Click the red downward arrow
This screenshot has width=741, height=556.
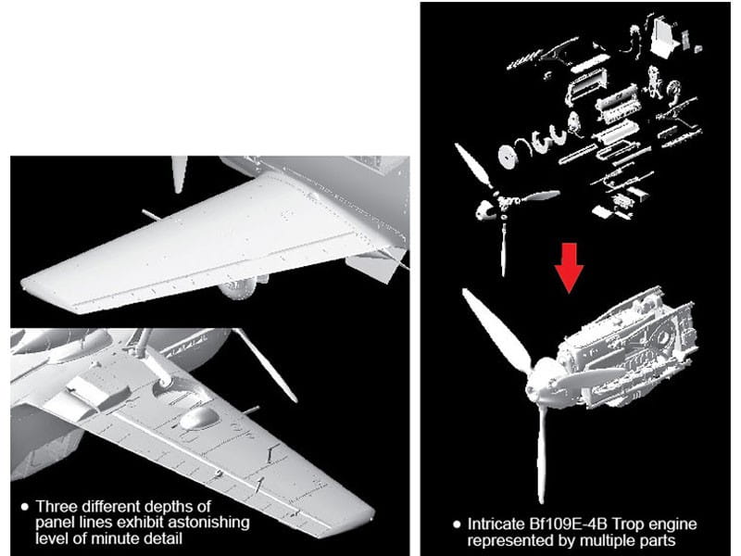point(569,268)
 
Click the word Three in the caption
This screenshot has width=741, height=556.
point(57,507)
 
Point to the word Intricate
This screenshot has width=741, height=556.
point(496,524)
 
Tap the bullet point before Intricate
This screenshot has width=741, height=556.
point(457,524)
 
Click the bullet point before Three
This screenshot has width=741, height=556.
point(25,507)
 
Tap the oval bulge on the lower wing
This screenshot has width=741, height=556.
point(199,419)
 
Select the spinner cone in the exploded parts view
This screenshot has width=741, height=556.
point(484,210)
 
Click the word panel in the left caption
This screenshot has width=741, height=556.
point(55,523)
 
